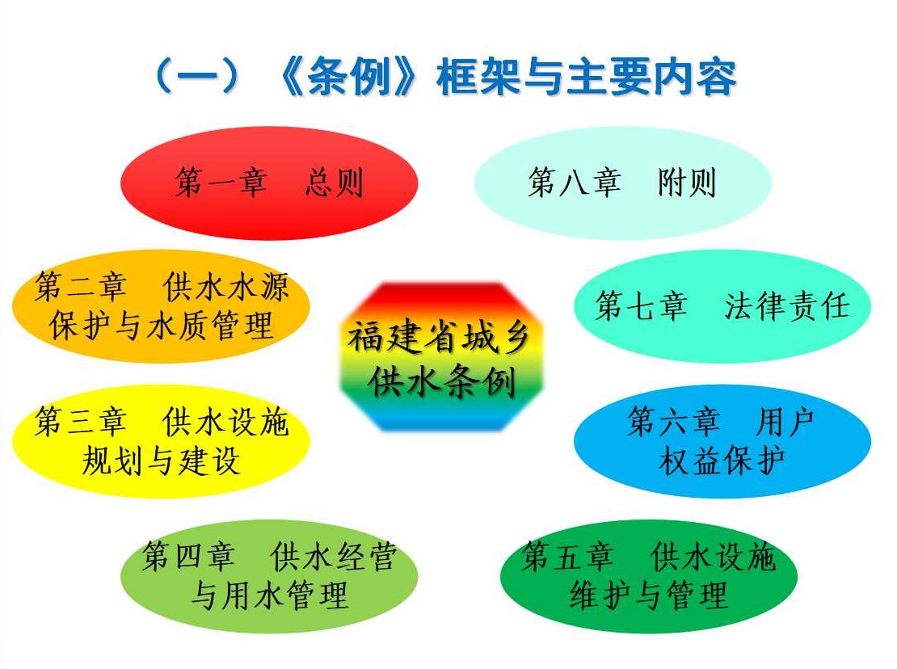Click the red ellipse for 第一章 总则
[x=269, y=183]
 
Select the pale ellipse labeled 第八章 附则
[x=623, y=183]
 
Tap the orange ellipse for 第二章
[x=161, y=306]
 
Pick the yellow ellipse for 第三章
[x=161, y=441]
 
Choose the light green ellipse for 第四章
[x=269, y=576]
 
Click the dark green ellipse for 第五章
[x=649, y=576]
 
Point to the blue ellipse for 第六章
[x=722, y=441]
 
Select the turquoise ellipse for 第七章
[x=722, y=306]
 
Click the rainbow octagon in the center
[x=440, y=357]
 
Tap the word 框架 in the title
[x=478, y=78]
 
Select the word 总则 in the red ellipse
[x=334, y=183]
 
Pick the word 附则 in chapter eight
[x=687, y=183]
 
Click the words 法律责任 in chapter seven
[x=786, y=306]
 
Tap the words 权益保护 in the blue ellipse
[x=722, y=461]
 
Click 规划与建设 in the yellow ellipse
[x=161, y=461]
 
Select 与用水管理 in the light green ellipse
[x=269, y=595]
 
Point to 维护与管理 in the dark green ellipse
[x=649, y=595]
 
